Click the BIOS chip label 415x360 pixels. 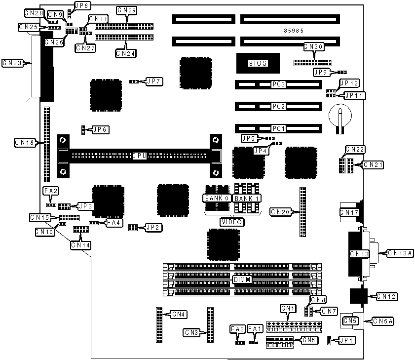pyautogui.click(x=258, y=63)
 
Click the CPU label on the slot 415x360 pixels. pyautogui.click(x=140, y=156)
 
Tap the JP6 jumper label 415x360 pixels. pyautogui.click(x=100, y=129)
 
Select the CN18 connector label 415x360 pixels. pyautogui.click(x=25, y=143)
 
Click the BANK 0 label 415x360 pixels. pyautogui.click(x=217, y=198)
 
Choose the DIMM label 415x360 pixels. pyautogui.click(x=242, y=280)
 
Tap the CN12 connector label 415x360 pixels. pyautogui.click(x=387, y=297)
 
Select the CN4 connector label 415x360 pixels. pyautogui.click(x=178, y=314)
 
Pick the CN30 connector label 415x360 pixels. pyautogui.click(x=313, y=47)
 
